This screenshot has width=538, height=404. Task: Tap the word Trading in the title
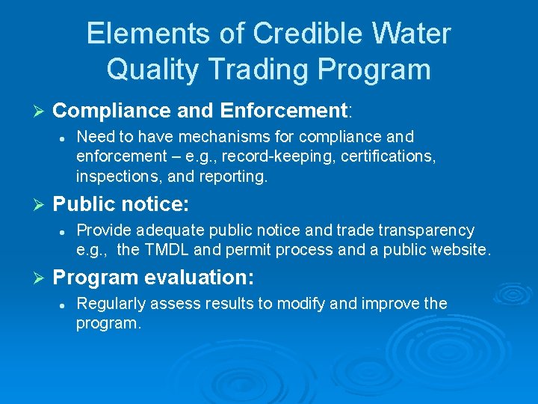pos(252,70)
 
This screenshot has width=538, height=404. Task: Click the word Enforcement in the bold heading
pos(284,111)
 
